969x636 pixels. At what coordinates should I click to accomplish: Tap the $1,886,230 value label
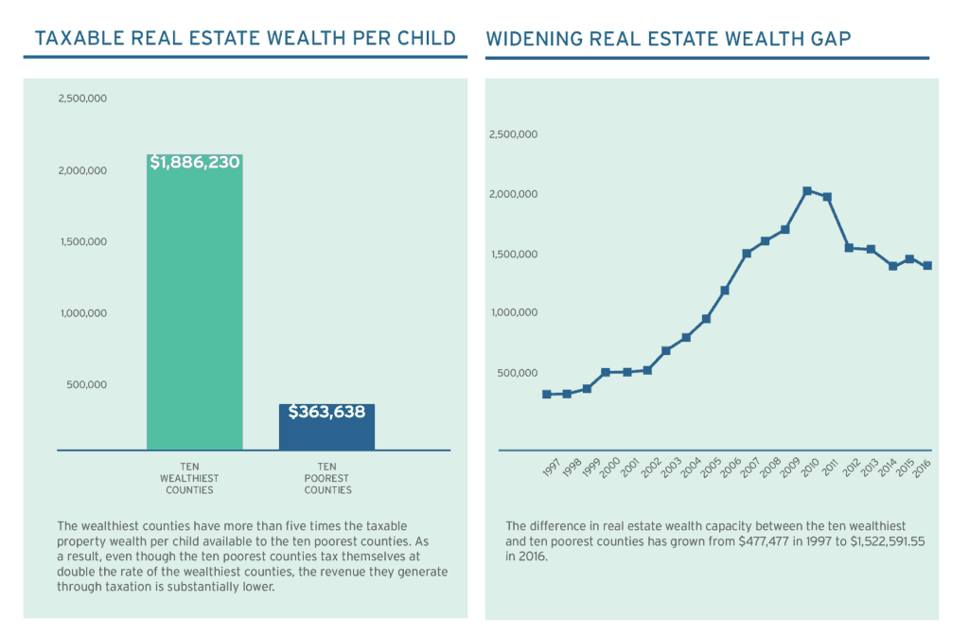click(195, 163)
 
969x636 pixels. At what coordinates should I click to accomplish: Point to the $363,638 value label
click(326, 412)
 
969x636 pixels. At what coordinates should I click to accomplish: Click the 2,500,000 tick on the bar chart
click(82, 98)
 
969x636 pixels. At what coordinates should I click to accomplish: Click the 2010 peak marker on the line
click(807, 191)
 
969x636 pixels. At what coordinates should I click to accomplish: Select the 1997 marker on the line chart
click(547, 394)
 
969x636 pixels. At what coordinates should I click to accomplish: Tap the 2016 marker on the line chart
click(927, 266)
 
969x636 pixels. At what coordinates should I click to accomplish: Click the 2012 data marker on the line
click(849, 248)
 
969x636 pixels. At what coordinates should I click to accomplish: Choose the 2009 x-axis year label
click(789, 469)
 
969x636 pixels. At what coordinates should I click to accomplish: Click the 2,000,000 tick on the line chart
click(513, 194)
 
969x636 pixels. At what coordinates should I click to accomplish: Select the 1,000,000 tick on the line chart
click(513, 312)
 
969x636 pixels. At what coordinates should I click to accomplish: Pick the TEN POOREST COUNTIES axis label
click(327, 478)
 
